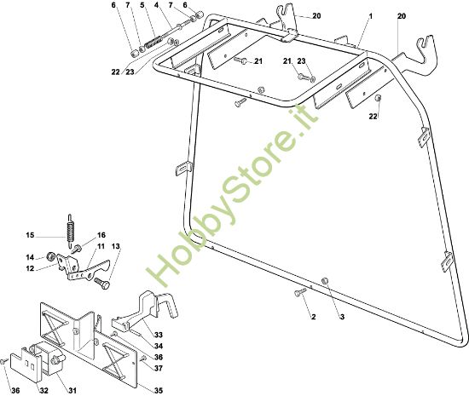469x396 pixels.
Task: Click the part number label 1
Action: [x=371, y=16]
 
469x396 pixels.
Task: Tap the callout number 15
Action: [x=30, y=235]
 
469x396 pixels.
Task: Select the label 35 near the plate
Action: [x=159, y=390]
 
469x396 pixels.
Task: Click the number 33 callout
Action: [x=159, y=335]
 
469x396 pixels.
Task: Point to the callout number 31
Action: [x=72, y=390]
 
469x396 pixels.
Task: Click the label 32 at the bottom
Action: [x=43, y=390]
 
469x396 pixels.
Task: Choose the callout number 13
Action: [x=116, y=246]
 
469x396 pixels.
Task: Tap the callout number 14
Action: [x=30, y=257]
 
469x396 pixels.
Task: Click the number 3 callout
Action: [x=342, y=317]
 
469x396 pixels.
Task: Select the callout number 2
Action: [x=314, y=317]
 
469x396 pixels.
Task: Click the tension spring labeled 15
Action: [x=70, y=230]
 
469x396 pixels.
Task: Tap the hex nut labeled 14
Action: [x=50, y=256]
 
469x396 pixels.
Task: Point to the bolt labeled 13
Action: [x=102, y=283]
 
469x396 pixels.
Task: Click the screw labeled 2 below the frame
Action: [x=301, y=292]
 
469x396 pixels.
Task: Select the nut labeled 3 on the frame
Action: [x=325, y=280]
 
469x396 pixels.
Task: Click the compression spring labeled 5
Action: [x=153, y=42]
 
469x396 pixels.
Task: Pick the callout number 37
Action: [x=159, y=368]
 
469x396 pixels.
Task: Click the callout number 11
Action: [x=101, y=246]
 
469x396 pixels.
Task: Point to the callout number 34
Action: [x=159, y=346]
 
